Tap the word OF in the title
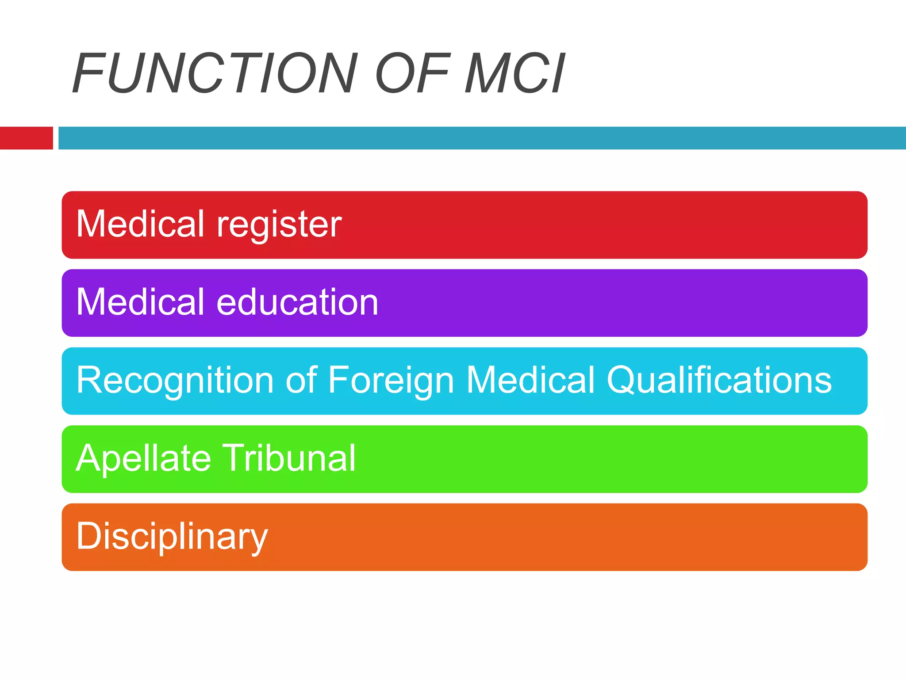click(413, 73)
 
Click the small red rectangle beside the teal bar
click(26, 138)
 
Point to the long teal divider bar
click(482, 138)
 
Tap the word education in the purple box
click(297, 302)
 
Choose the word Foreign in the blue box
click(391, 381)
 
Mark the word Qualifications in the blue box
click(719, 380)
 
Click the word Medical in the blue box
click(530, 380)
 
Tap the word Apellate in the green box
click(143, 459)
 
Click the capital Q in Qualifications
click(621, 380)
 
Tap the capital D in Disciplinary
click(88, 536)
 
